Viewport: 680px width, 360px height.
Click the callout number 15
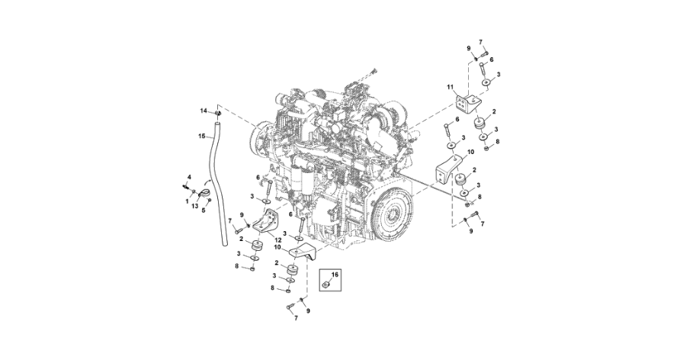click(202, 137)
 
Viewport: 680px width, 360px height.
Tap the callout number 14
click(204, 111)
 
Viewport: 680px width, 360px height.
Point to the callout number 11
click(451, 90)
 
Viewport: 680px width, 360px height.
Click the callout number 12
click(268, 239)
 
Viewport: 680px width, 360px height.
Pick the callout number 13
click(195, 207)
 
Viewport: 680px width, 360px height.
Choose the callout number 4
click(188, 177)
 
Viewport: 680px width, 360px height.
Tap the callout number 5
click(204, 211)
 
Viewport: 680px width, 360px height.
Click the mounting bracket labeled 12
click(265, 223)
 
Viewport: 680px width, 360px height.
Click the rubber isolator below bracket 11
click(483, 126)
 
